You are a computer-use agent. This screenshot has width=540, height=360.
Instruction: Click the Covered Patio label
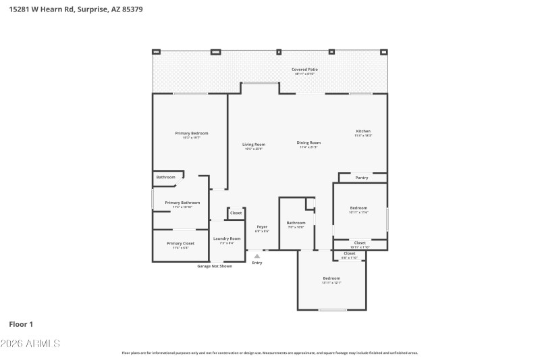304,70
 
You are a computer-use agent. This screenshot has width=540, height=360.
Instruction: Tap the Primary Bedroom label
191,134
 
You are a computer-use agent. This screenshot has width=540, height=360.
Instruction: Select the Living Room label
254,145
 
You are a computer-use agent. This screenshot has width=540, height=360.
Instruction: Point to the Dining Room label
308,143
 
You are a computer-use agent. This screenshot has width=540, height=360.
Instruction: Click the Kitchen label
363,132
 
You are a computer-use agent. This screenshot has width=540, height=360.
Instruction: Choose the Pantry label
362,178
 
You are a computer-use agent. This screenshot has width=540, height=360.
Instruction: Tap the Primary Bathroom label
182,203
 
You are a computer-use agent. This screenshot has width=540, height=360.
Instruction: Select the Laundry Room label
227,238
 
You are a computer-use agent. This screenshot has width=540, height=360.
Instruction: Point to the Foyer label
262,228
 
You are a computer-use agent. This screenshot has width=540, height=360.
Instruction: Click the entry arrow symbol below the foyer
256,256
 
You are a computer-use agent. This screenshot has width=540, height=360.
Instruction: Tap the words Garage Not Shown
215,266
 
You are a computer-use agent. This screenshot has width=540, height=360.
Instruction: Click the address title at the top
75,9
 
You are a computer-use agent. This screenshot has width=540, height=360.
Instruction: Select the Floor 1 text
21,324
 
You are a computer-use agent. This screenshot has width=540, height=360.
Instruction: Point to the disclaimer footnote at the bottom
269,353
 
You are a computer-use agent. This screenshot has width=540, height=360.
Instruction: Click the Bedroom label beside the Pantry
358,208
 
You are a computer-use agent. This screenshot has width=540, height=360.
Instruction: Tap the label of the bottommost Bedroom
331,279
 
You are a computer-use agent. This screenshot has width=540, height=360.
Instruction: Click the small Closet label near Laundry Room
236,213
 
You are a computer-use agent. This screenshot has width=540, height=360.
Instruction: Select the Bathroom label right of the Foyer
296,224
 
